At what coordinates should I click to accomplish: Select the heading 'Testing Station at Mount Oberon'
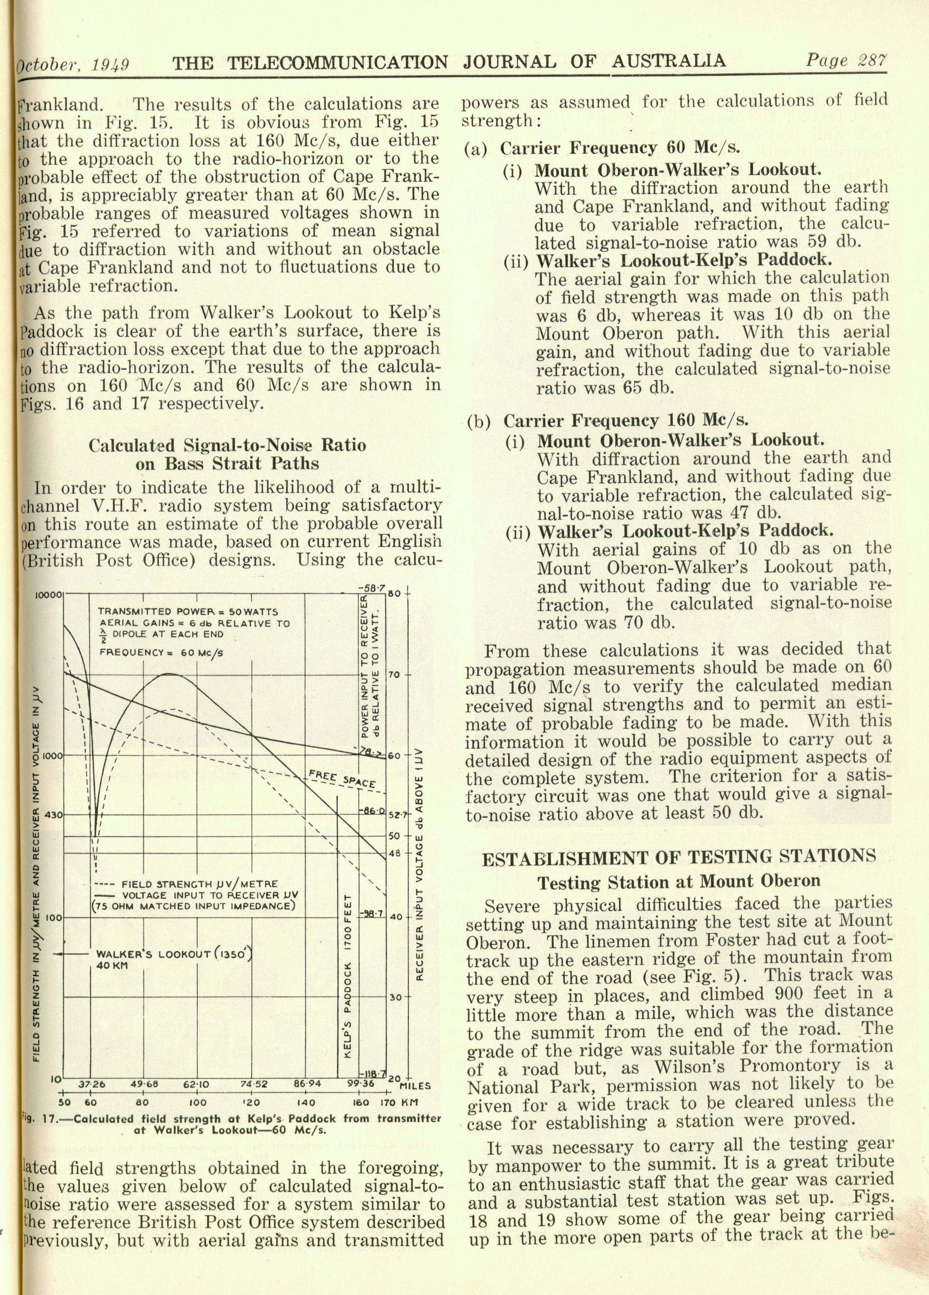[x=679, y=881]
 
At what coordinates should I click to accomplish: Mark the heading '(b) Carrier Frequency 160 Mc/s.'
[x=608, y=421]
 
